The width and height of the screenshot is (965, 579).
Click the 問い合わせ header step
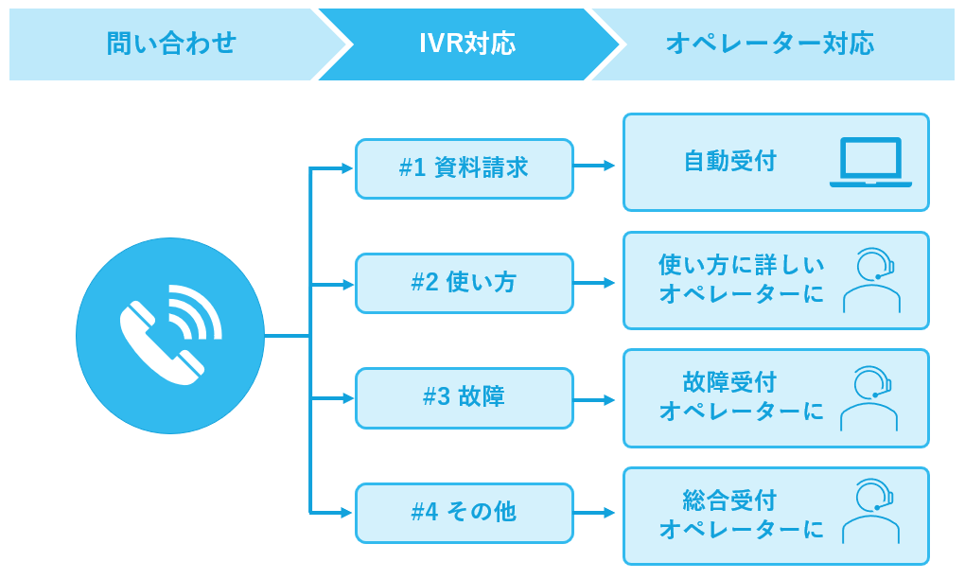[170, 44]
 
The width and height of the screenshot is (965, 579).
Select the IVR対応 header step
[467, 44]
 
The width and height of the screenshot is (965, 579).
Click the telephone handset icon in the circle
[170, 336]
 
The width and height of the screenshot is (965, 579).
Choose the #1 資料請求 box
[464, 168]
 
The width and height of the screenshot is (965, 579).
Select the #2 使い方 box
[464, 283]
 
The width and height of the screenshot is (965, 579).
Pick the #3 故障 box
[464, 397]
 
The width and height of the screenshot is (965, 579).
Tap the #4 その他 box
[464, 513]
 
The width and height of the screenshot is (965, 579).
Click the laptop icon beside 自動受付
[870, 163]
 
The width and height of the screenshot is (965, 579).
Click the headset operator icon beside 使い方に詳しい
[871, 280]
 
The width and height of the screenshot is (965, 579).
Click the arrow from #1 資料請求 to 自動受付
[596, 167]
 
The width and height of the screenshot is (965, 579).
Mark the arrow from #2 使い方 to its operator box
[596, 283]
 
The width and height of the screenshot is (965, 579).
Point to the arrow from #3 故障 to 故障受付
[596, 399]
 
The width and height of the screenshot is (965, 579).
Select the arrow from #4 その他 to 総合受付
[596, 514]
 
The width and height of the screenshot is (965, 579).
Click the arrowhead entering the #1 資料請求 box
[346, 169]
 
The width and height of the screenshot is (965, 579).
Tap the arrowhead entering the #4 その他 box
[346, 513]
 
